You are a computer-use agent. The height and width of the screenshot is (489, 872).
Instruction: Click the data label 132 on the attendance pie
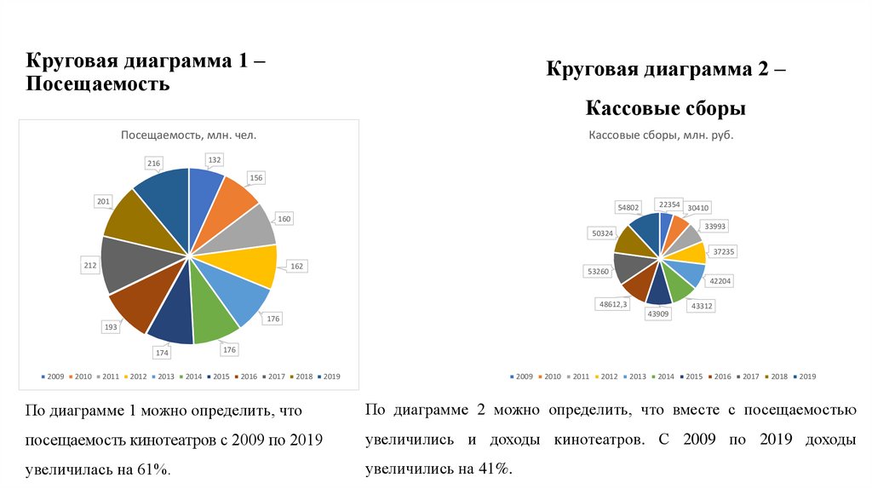point(215,159)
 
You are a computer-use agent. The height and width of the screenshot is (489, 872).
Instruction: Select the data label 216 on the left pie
point(154,162)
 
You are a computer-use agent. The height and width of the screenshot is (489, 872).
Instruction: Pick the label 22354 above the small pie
point(668,204)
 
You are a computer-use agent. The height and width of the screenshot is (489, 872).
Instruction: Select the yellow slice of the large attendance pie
point(254,266)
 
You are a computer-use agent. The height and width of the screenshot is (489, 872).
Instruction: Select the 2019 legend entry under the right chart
point(804,376)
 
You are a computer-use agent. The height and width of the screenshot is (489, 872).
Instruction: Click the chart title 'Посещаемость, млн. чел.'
point(188,135)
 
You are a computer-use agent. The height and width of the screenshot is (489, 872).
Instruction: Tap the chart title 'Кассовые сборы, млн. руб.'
point(661,135)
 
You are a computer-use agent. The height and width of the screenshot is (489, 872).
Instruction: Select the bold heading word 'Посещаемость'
point(98,85)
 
